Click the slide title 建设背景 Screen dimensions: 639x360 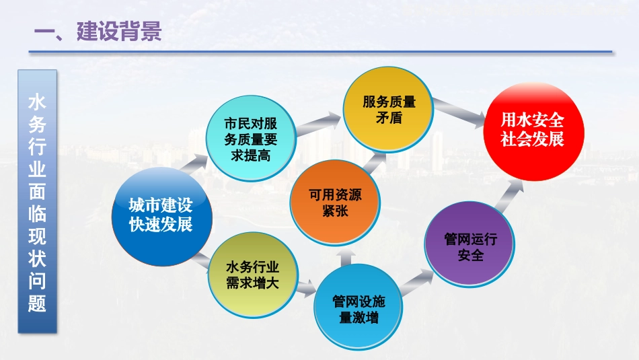click(x=119, y=31)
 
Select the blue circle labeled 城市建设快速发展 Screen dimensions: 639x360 click(x=162, y=216)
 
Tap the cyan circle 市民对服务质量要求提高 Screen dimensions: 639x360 click(x=251, y=139)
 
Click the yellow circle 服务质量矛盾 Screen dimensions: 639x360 click(x=388, y=109)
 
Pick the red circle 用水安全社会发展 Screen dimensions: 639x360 click(x=533, y=131)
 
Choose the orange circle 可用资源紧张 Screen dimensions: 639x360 click(x=335, y=203)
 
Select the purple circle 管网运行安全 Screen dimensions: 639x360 click(x=469, y=244)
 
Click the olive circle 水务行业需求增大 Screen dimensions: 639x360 click(x=253, y=275)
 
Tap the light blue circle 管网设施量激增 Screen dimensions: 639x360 click(x=359, y=307)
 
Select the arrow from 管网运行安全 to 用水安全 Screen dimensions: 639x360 click(x=509, y=196)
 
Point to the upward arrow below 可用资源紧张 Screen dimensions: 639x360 click(x=346, y=258)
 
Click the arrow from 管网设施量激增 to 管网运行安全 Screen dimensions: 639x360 click(x=417, y=281)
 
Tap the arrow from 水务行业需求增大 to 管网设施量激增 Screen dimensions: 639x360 click(x=306, y=288)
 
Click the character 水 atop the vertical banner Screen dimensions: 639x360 click(x=37, y=102)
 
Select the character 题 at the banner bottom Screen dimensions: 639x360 click(x=37, y=303)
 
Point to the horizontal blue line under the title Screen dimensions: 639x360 click(x=320, y=52)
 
